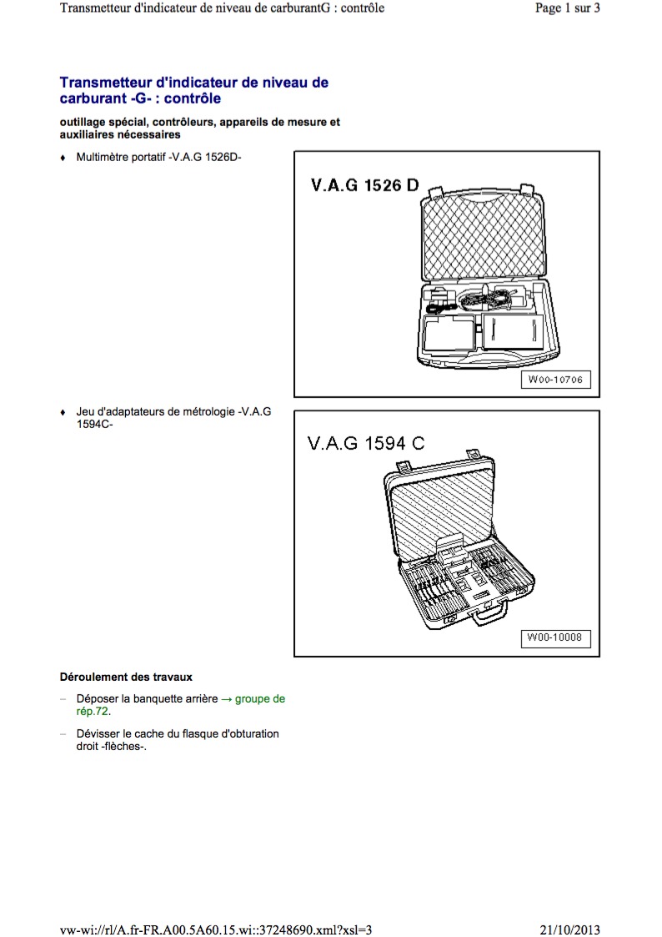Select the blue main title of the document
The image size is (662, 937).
pyautogui.click(x=193, y=90)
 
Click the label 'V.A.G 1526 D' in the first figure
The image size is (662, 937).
pyautogui.click(x=360, y=185)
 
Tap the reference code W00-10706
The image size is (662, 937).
pyautogui.click(x=555, y=380)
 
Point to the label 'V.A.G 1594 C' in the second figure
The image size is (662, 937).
pyautogui.click(x=360, y=444)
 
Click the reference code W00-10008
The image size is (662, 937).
pyautogui.click(x=555, y=639)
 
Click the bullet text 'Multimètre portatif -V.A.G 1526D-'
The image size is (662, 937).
pyautogui.click(x=158, y=157)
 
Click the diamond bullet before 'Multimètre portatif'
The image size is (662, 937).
pyautogui.click(x=63, y=158)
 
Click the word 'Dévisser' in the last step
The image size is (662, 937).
pyautogui.click(x=98, y=734)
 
